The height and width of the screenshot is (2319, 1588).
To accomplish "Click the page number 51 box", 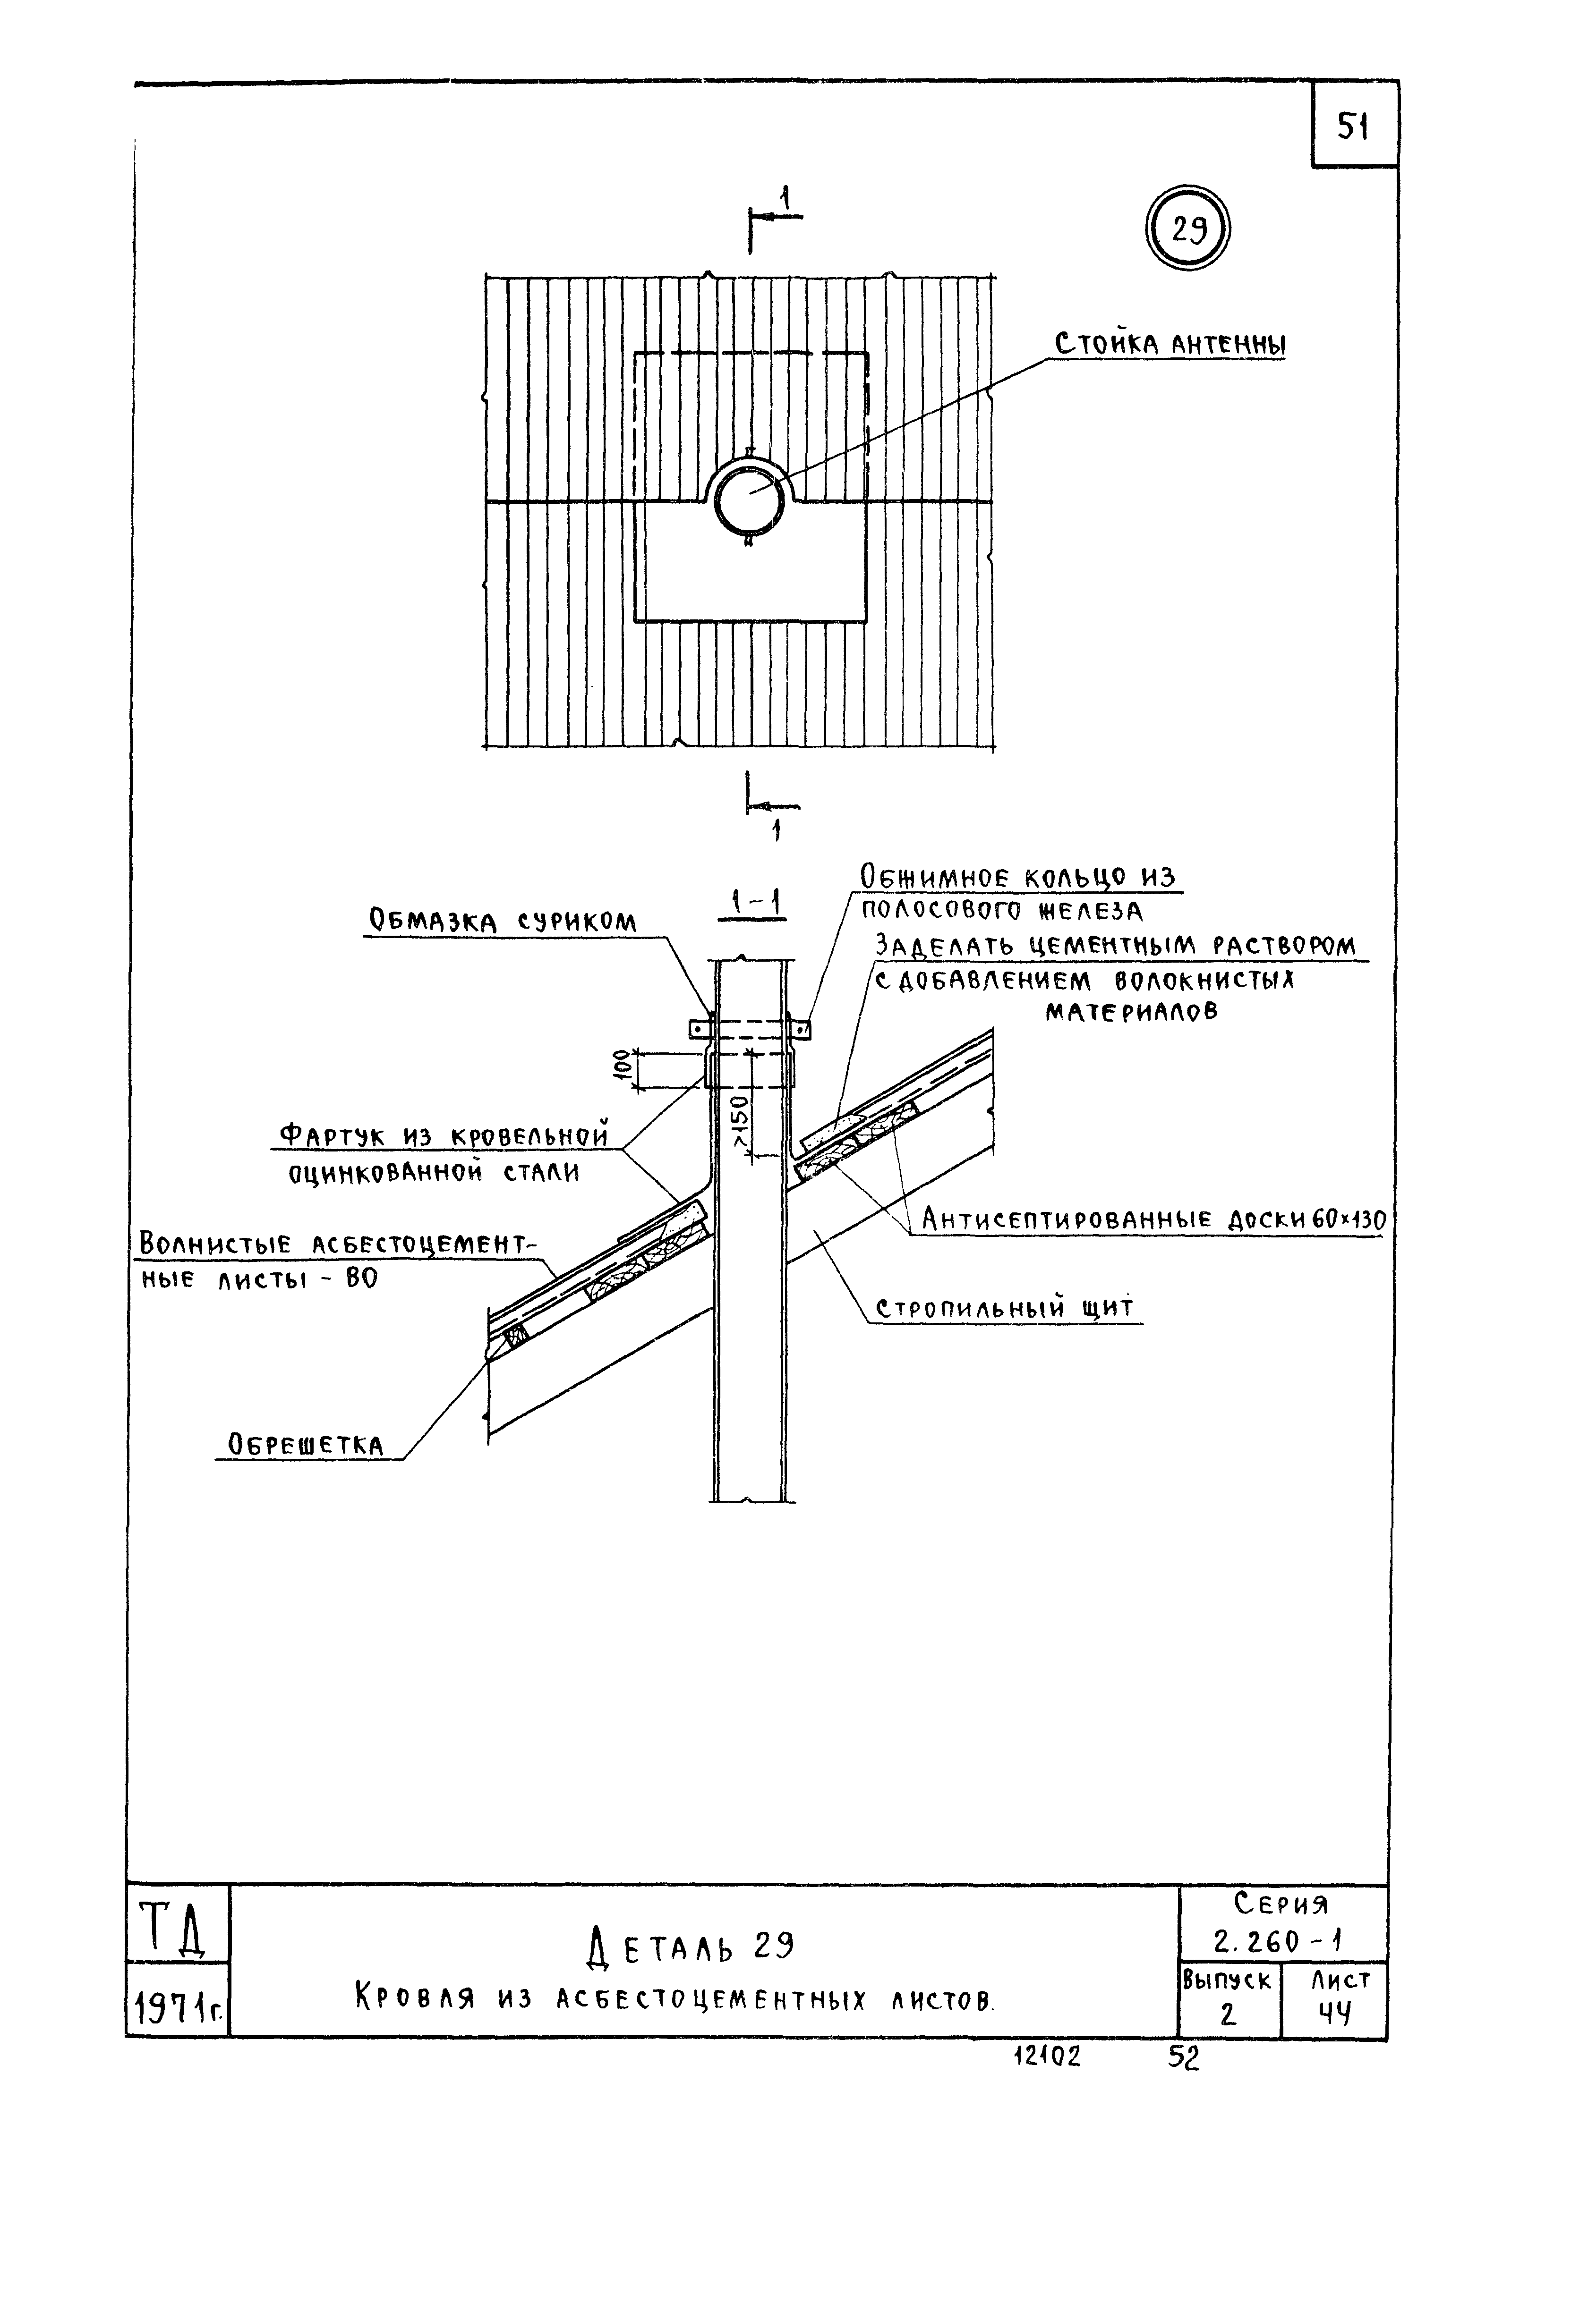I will coord(1352,127).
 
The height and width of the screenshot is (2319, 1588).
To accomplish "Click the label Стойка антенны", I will coord(1170,345).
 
